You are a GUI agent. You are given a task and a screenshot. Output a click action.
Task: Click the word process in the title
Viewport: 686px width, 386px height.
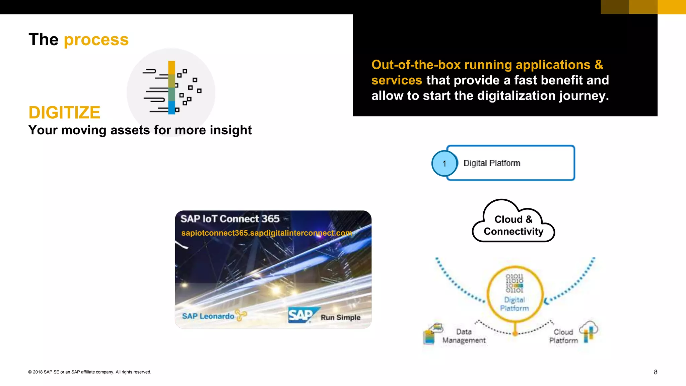click(x=96, y=40)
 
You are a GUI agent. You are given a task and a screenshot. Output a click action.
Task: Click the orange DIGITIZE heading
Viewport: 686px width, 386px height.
click(x=64, y=113)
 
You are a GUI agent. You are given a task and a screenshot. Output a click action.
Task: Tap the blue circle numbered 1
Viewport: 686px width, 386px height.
click(x=444, y=164)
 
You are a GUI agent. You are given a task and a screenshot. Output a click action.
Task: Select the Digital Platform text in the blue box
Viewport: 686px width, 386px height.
click(x=491, y=163)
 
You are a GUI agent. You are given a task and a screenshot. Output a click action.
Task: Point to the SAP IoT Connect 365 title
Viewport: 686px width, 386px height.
click(x=230, y=219)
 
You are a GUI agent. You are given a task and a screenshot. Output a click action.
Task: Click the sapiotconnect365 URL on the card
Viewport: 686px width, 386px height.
click(x=266, y=233)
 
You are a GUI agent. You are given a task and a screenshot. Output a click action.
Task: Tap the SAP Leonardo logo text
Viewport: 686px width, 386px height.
click(x=208, y=316)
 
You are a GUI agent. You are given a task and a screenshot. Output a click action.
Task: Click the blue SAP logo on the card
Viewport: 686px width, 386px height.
click(x=300, y=315)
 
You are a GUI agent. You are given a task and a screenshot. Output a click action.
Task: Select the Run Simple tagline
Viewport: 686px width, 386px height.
click(x=340, y=317)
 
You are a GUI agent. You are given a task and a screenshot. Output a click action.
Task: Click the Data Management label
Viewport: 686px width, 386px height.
click(x=464, y=336)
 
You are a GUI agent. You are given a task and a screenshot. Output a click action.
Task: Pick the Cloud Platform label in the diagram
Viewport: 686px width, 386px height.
click(x=563, y=336)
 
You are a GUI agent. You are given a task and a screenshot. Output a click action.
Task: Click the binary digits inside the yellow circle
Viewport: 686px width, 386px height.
click(x=514, y=283)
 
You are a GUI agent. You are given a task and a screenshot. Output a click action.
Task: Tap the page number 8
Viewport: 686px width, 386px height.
click(x=656, y=372)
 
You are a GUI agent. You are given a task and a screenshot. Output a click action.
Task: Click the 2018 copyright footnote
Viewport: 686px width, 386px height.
click(x=90, y=372)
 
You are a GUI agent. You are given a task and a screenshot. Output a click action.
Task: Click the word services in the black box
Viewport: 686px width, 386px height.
click(x=396, y=80)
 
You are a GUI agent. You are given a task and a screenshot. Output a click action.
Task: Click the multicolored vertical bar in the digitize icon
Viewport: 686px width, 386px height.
click(x=171, y=87)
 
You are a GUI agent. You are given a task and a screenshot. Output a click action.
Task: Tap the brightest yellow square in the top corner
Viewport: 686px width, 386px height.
click(x=672, y=7)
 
